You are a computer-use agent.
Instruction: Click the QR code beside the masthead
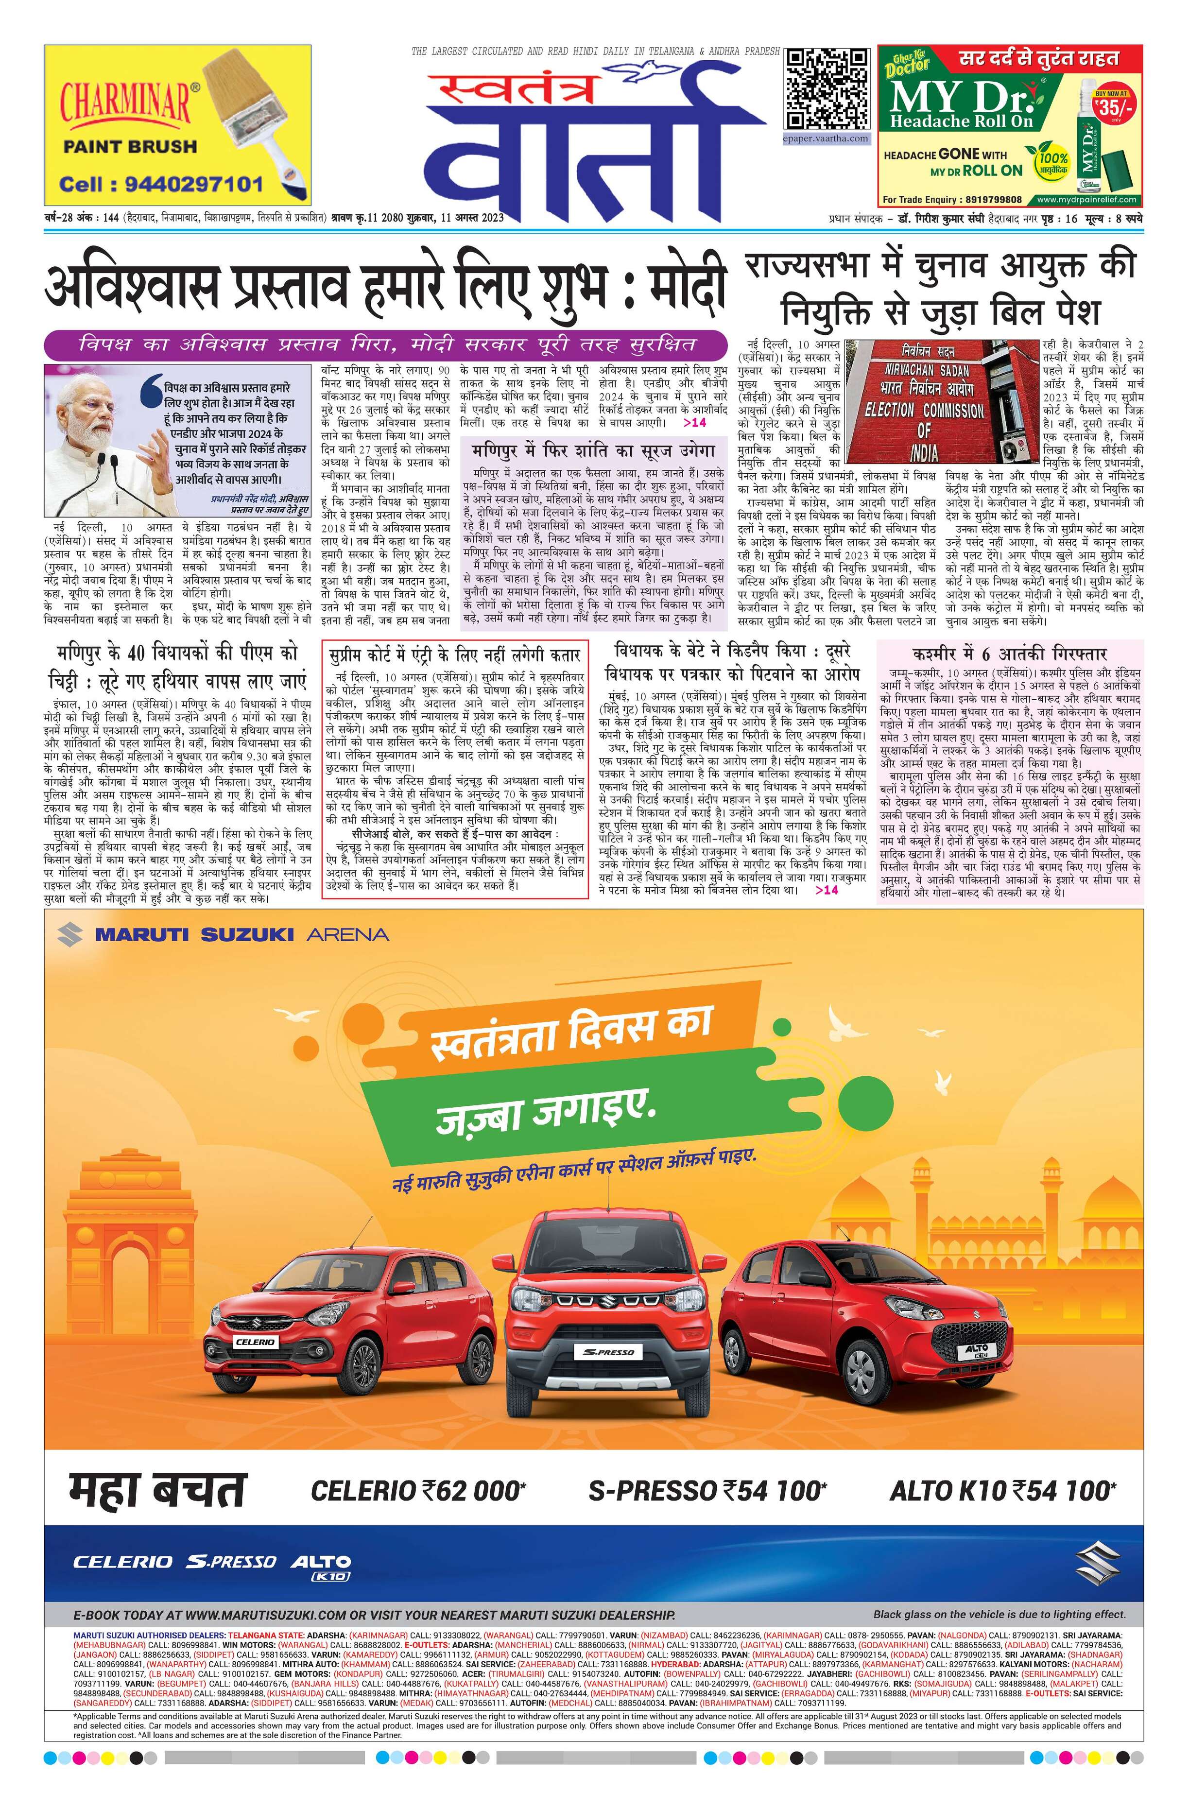[827, 89]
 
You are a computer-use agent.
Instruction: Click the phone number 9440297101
[161, 184]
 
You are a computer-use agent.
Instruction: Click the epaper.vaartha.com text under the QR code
[827, 138]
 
